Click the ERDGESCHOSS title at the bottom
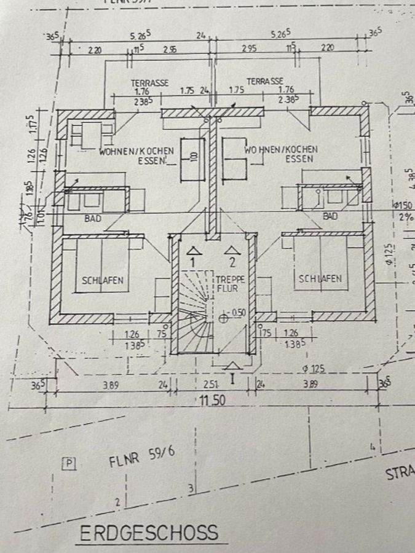tap(148, 532)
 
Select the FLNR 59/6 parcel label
tap(142, 457)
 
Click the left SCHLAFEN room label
tap(103, 280)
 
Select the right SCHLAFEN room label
tap(320, 278)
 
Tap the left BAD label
tap(93, 218)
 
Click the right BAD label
tap(330, 216)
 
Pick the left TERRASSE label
tap(149, 82)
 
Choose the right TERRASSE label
tap(265, 81)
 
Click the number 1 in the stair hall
tap(192, 262)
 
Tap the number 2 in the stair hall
tap(232, 262)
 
